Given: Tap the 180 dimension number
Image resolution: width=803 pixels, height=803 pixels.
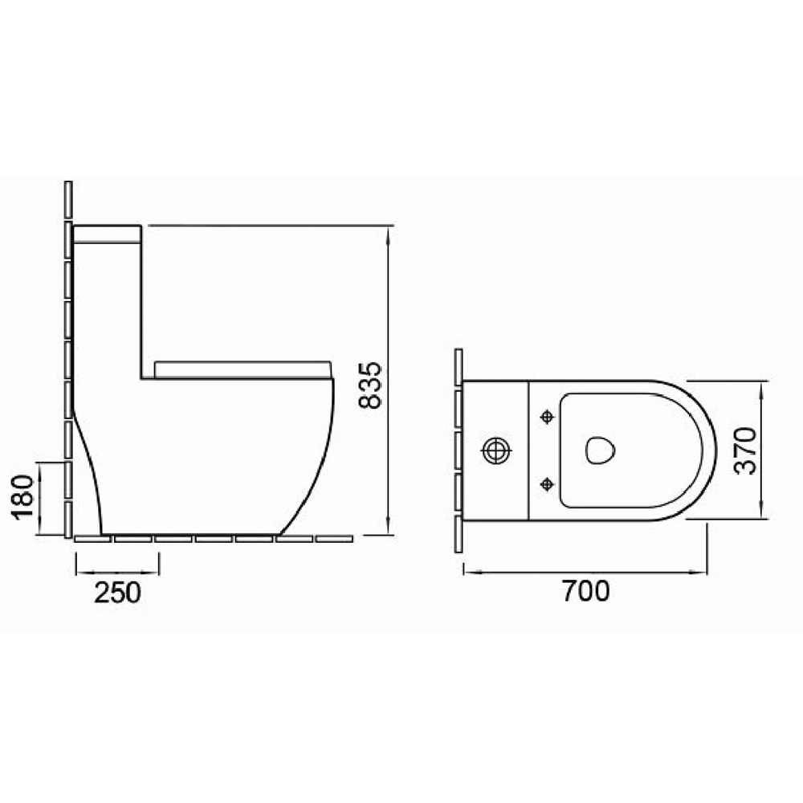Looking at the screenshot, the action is point(23,497).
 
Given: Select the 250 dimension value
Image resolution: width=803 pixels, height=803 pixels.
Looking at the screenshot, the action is point(117,592).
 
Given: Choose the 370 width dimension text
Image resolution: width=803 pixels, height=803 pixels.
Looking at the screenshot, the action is point(745,450).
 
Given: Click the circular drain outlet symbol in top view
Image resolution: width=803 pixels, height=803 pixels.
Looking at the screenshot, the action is point(496,450).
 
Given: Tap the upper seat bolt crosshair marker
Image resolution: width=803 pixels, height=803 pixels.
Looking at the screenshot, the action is point(548,417).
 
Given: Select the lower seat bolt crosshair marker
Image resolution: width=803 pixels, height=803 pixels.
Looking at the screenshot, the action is point(548,483).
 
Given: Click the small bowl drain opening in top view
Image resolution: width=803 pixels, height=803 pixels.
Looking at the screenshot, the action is point(600,450).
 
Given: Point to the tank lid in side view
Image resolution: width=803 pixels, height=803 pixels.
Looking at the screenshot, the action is point(108,234).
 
